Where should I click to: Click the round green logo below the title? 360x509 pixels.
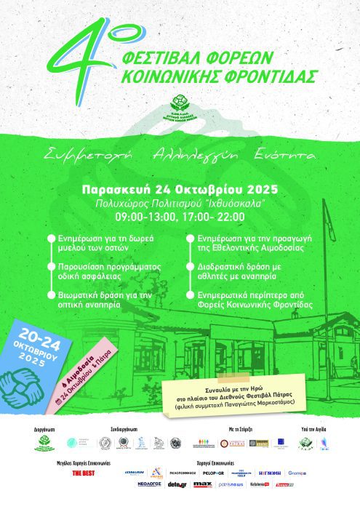pyautogui.click(x=180, y=106)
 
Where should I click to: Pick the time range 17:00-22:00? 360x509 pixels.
pyautogui.click(x=215, y=217)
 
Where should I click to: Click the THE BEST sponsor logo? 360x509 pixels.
pyautogui.click(x=82, y=473)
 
